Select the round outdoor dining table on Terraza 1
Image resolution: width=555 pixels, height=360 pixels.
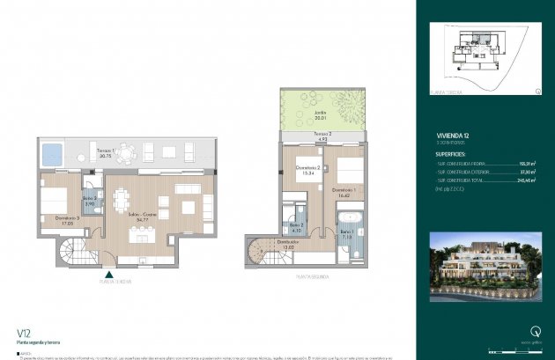click(x=128, y=153)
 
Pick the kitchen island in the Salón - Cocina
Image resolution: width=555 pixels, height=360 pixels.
click(x=140, y=235)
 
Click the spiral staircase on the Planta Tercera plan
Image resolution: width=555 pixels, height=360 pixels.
click(x=70, y=253)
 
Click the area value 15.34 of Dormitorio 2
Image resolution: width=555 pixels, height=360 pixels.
click(x=307, y=173)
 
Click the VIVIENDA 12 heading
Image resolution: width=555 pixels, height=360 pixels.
click(x=450, y=125)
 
